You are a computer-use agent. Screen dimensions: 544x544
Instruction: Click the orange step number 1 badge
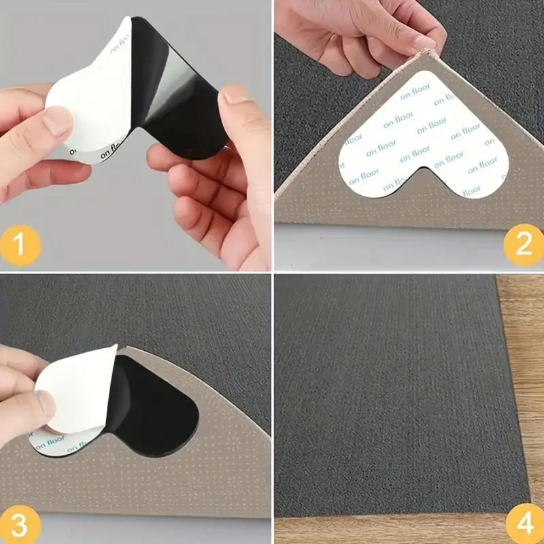point(20,243)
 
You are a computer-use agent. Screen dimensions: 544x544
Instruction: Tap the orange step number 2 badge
point(524,243)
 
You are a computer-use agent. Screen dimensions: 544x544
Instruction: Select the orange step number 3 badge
point(20,524)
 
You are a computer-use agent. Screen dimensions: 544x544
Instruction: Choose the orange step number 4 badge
point(524,524)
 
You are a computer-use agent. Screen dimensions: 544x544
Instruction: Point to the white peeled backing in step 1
point(88,88)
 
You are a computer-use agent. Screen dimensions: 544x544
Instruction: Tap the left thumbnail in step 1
point(57,122)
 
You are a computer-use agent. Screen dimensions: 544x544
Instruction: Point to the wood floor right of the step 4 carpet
point(527,374)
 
